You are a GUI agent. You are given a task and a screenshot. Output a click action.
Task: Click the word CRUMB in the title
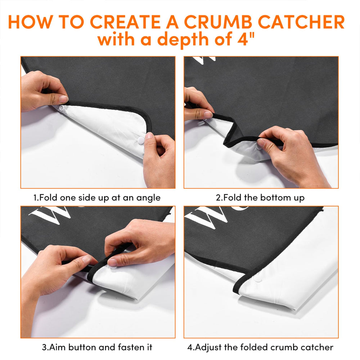218,22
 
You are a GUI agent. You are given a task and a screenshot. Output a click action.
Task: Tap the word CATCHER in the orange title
301,22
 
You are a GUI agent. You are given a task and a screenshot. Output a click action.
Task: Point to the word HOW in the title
30,22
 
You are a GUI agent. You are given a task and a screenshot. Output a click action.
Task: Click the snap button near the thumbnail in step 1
62,108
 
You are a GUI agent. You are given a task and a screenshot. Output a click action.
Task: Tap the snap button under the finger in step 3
113,267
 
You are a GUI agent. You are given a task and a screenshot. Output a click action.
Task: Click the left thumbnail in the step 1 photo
63,99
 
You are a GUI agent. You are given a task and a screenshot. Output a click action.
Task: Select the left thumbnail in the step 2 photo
208,114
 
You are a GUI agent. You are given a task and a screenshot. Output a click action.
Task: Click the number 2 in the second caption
218,198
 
